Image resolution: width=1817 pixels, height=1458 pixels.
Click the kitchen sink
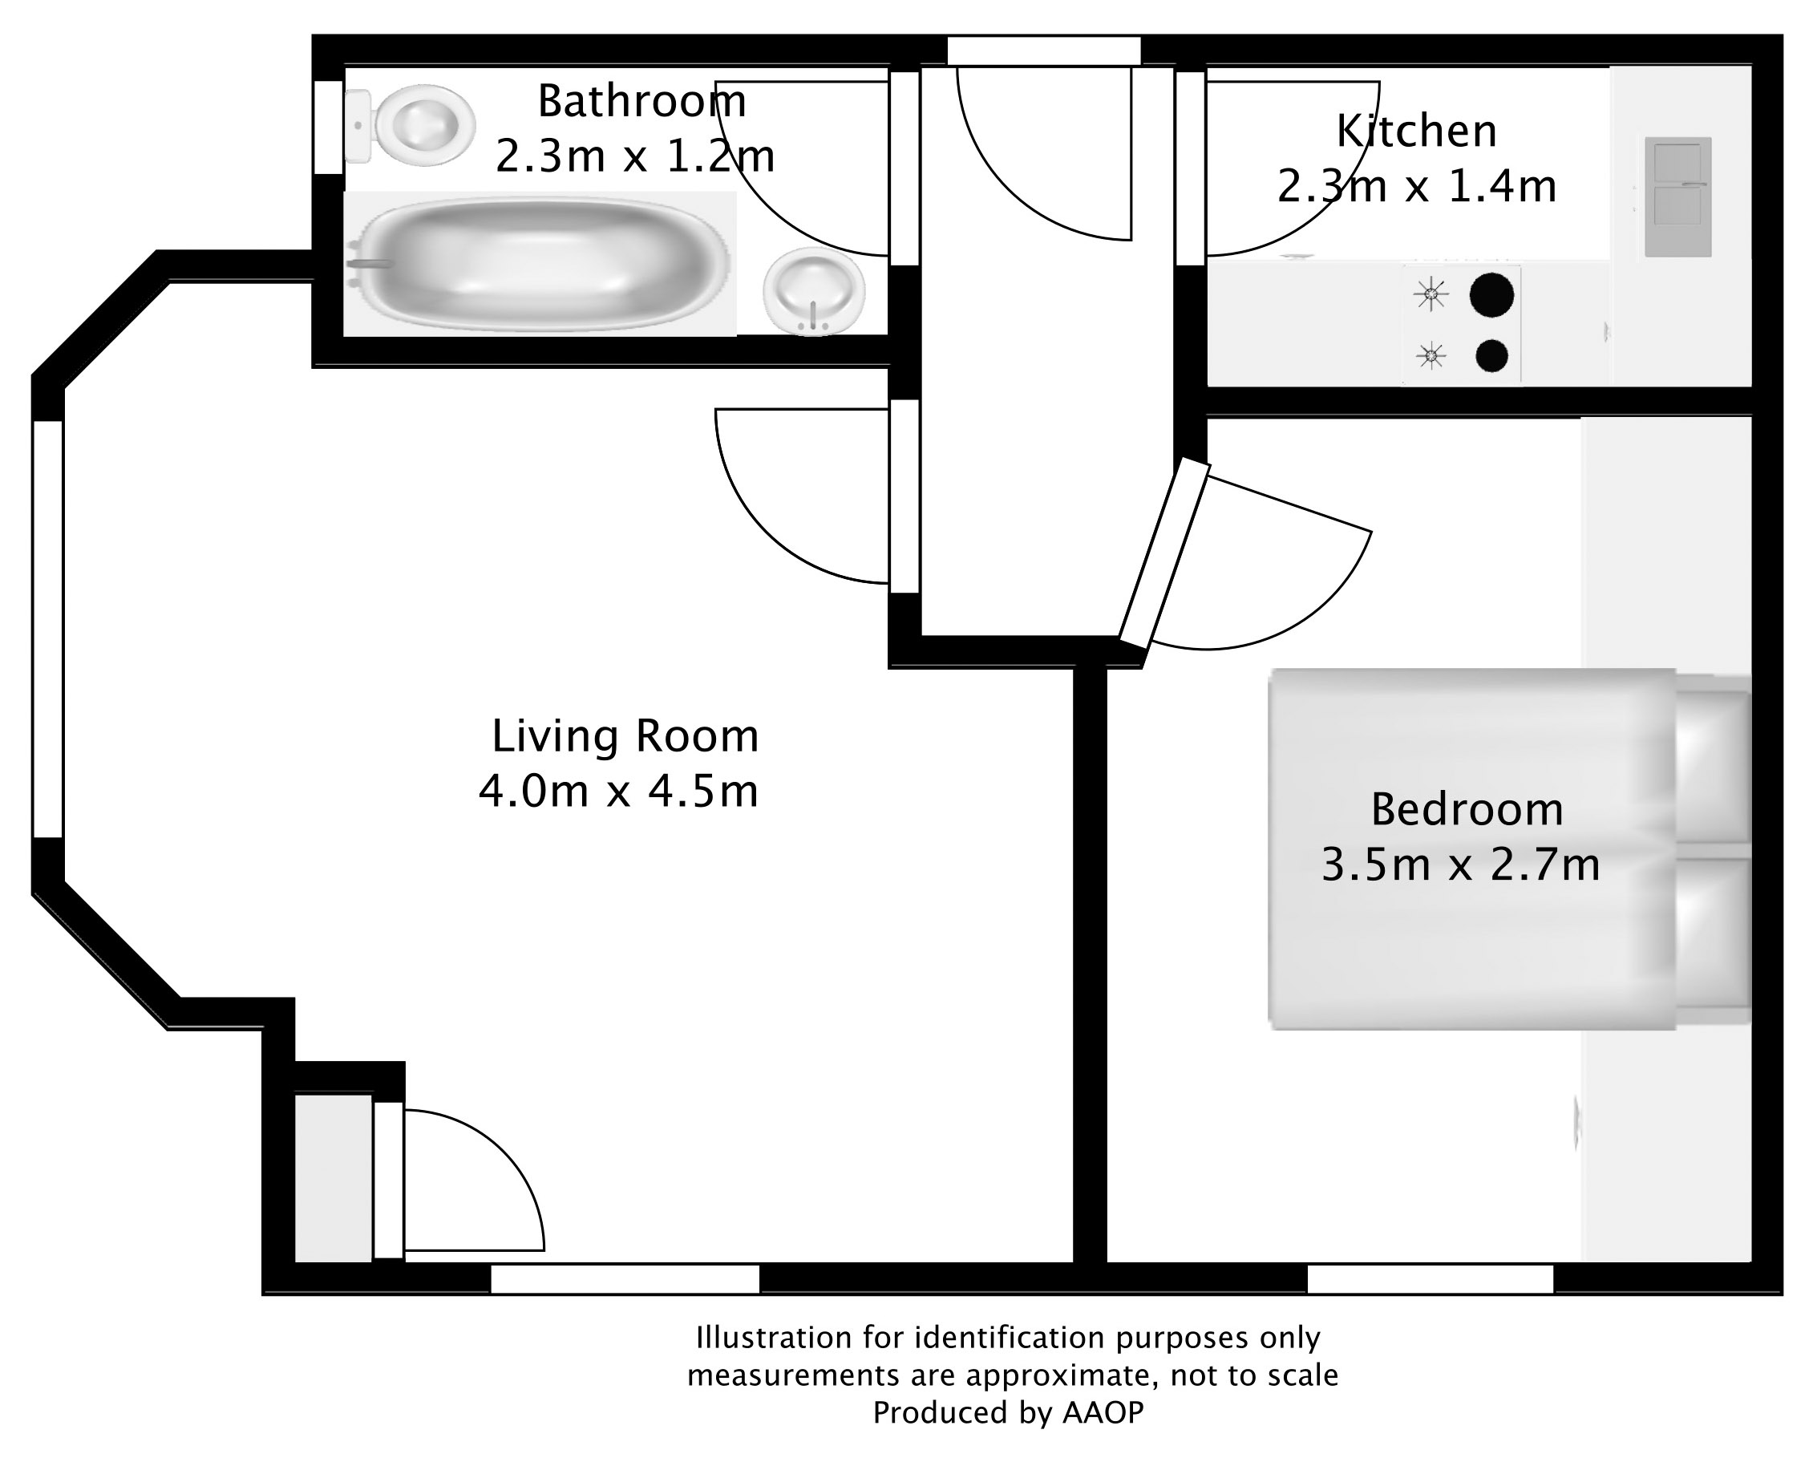coord(1677,196)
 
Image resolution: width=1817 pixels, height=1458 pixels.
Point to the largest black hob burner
coord(1491,296)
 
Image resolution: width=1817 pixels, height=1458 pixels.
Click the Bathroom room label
coord(641,102)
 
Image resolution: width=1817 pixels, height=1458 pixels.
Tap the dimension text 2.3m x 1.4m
coord(1416,187)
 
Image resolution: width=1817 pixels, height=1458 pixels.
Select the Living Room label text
coord(625,735)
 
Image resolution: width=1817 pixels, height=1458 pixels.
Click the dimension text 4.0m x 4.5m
coord(617,792)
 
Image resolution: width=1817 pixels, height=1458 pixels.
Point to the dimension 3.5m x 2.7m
coord(1459,865)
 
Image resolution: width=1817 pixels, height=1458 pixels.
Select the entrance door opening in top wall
coord(1043,51)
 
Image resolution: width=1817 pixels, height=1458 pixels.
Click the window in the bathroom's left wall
coord(329,128)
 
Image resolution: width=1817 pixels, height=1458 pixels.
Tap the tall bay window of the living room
coord(48,629)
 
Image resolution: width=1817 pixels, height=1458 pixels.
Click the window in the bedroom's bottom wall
coord(1430,1279)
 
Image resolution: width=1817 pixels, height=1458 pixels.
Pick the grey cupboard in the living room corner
coord(333,1177)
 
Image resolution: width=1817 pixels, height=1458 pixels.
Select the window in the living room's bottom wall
coord(625,1279)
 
